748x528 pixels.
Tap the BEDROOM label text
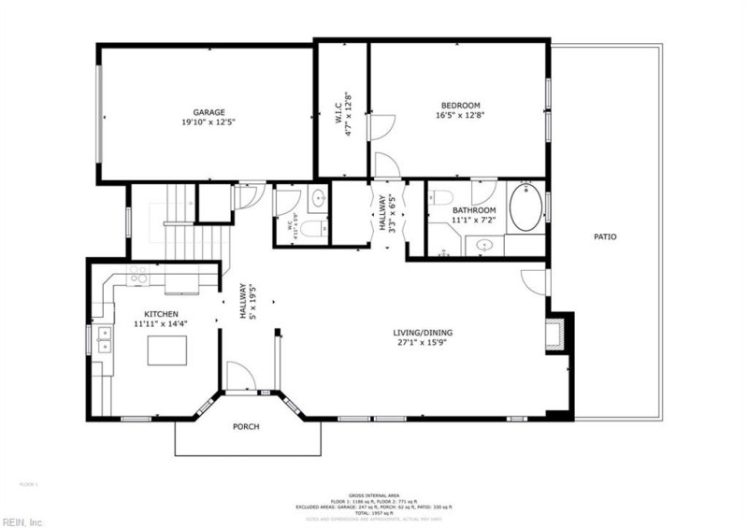click(459, 104)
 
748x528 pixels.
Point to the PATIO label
click(605, 236)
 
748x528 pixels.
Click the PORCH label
click(246, 427)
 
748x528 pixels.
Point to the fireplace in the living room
click(557, 334)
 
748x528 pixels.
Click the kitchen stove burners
click(139, 274)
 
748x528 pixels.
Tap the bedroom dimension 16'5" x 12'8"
click(459, 115)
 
